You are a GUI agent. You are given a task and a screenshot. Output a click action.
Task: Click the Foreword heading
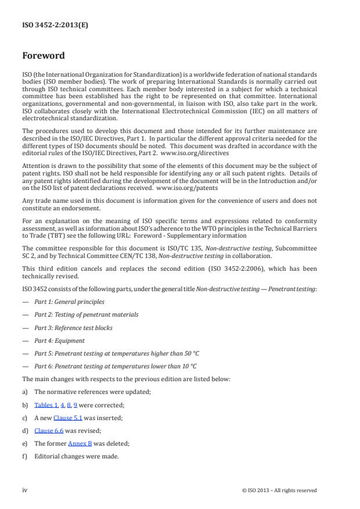(x=44, y=56)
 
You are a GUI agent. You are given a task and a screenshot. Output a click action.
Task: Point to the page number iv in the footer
(x=25, y=490)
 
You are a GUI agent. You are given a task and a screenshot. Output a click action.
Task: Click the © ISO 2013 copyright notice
(x=279, y=490)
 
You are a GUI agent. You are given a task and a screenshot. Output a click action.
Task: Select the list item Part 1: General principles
(x=69, y=302)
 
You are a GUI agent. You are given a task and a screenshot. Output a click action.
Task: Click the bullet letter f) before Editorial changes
(x=25, y=456)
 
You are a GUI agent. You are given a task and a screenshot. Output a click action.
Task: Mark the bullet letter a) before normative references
(x=25, y=392)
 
